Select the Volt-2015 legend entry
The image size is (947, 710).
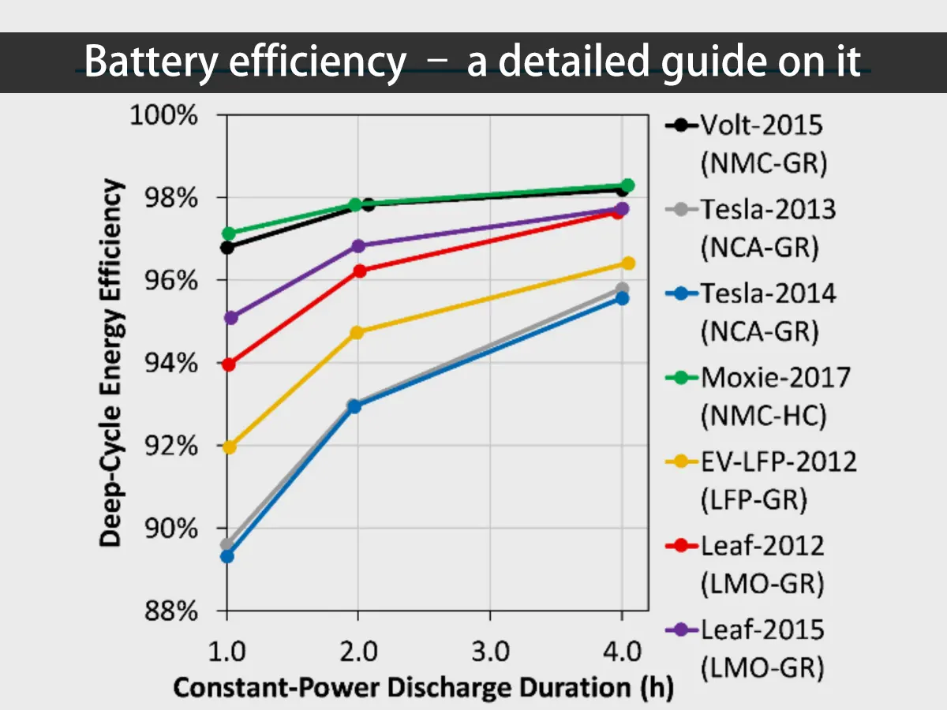coord(762,125)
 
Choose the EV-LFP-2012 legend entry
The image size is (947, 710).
coord(778,461)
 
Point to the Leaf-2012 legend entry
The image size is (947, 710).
coord(762,545)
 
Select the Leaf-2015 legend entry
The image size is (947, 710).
coord(762,630)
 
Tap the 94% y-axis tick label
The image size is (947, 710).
coord(169,364)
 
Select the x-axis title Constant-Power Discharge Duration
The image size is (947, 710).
coord(423,687)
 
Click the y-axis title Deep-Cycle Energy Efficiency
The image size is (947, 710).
coord(112,363)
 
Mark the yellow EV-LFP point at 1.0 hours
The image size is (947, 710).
coord(230,447)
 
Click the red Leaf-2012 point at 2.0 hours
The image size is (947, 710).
coord(360,271)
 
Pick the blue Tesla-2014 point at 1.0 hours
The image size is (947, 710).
coord(227,556)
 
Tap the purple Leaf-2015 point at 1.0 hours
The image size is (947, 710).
coord(230,318)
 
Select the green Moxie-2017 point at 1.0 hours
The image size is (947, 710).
coord(230,234)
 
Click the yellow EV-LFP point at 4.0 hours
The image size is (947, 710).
coord(628,263)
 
